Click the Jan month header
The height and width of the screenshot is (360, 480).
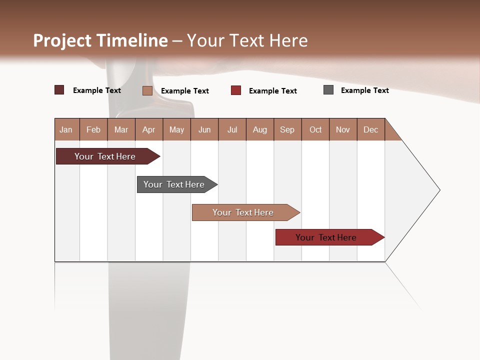[66, 129]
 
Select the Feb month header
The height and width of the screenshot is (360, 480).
[93, 129]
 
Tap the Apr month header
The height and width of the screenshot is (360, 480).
[149, 129]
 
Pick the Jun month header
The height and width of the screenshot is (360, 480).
[204, 129]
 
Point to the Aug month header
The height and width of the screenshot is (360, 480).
[260, 129]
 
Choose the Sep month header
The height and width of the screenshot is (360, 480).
[287, 129]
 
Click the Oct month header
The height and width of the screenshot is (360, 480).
[315, 129]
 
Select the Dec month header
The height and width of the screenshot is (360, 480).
[371, 129]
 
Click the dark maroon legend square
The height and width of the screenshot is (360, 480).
[59, 90]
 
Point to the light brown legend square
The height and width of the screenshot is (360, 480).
[147, 90]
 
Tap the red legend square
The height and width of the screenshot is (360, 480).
[236, 90]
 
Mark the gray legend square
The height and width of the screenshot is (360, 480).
[328, 90]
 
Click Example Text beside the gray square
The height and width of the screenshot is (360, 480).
[365, 90]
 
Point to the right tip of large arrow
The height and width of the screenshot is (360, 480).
[439, 190]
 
